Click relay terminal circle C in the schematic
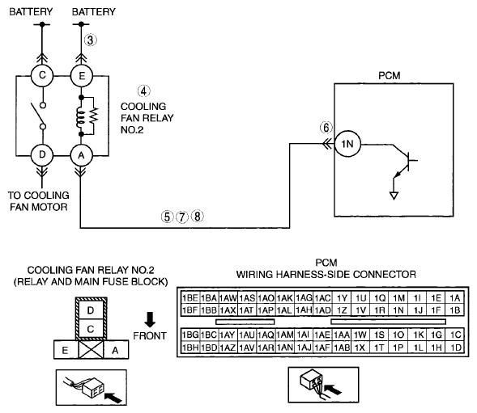pyautogui.click(x=42, y=75)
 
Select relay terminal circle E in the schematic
pyautogui.click(x=81, y=75)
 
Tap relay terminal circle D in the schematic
pyautogui.click(x=42, y=155)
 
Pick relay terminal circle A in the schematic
pyautogui.click(x=81, y=155)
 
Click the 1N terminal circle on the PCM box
pyautogui.click(x=347, y=144)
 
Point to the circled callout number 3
pyautogui.click(x=91, y=40)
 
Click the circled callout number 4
pyautogui.click(x=143, y=91)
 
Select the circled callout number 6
pyautogui.click(x=326, y=128)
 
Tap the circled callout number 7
pyautogui.click(x=182, y=217)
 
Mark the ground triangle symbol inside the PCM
pyautogui.click(x=394, y=196)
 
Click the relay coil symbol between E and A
pyautogui.click(x=80, y=116)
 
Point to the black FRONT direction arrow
pyautogui.click(x=150, y=319)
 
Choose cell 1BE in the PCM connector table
pyautogui.click(x=190, y=298)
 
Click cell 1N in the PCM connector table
pyautogui.click(x=398, y=310)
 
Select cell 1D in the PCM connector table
pyautogui.click(x=455, y=348)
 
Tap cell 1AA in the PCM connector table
pyautogui.click(x=342, y=335)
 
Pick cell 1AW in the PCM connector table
pyautogui.click(x=228, y=298)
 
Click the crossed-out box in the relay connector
pyautogui.click(x=91, y=350)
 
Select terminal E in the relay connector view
pyautogui.click(x=66, y=350)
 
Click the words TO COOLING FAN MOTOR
pyautogui.click(x=39, y=201)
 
